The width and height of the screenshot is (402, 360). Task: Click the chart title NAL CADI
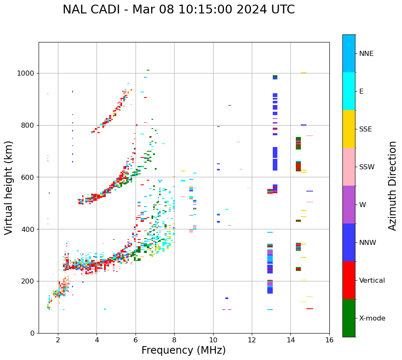click(x=178, y=10)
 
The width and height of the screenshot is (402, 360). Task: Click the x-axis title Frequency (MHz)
click(x=183, y=350)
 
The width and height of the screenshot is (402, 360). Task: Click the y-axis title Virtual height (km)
click(x=9, y=187)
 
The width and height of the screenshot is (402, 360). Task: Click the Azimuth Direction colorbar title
click(x=392, y=185)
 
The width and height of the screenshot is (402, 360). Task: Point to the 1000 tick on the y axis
click(x=28, y=73)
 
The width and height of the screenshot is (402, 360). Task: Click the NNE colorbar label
click(x=366, y=54)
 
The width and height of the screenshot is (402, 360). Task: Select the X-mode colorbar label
click(x=372, y=318)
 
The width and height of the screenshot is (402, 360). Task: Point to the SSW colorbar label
click(x=367, y=167)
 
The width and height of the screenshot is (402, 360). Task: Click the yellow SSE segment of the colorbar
click(x=349, y=129)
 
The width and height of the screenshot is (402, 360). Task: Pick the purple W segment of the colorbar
click(x=349, y=205)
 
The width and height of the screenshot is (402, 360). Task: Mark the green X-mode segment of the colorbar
click(x=349, y=318)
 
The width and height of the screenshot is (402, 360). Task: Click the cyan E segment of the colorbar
click(x=349, y=91)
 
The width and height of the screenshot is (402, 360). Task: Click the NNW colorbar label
click(x=368, y=242)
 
